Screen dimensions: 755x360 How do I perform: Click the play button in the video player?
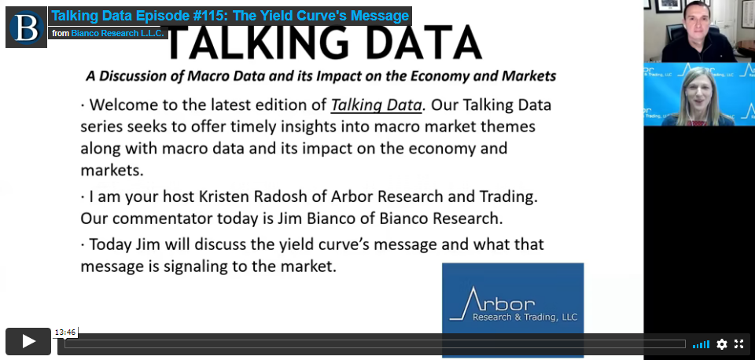[x=28, y=341]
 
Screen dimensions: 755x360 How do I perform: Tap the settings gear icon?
[x=721, y=344]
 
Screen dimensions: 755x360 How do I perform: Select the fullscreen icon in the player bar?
[x=738, y=344]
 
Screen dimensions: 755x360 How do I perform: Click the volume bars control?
[x=701, y=344]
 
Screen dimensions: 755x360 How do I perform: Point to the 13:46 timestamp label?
[x=65, y=332]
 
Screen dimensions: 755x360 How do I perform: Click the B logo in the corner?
[x=26, y=27]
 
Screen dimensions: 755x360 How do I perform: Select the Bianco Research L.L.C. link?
[x=118, y=33]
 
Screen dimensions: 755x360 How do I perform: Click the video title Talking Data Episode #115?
[x=230, y=16]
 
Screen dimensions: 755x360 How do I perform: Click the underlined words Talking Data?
[x=376, y=105]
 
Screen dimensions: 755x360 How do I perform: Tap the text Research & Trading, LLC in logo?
[x=525, y=318]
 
